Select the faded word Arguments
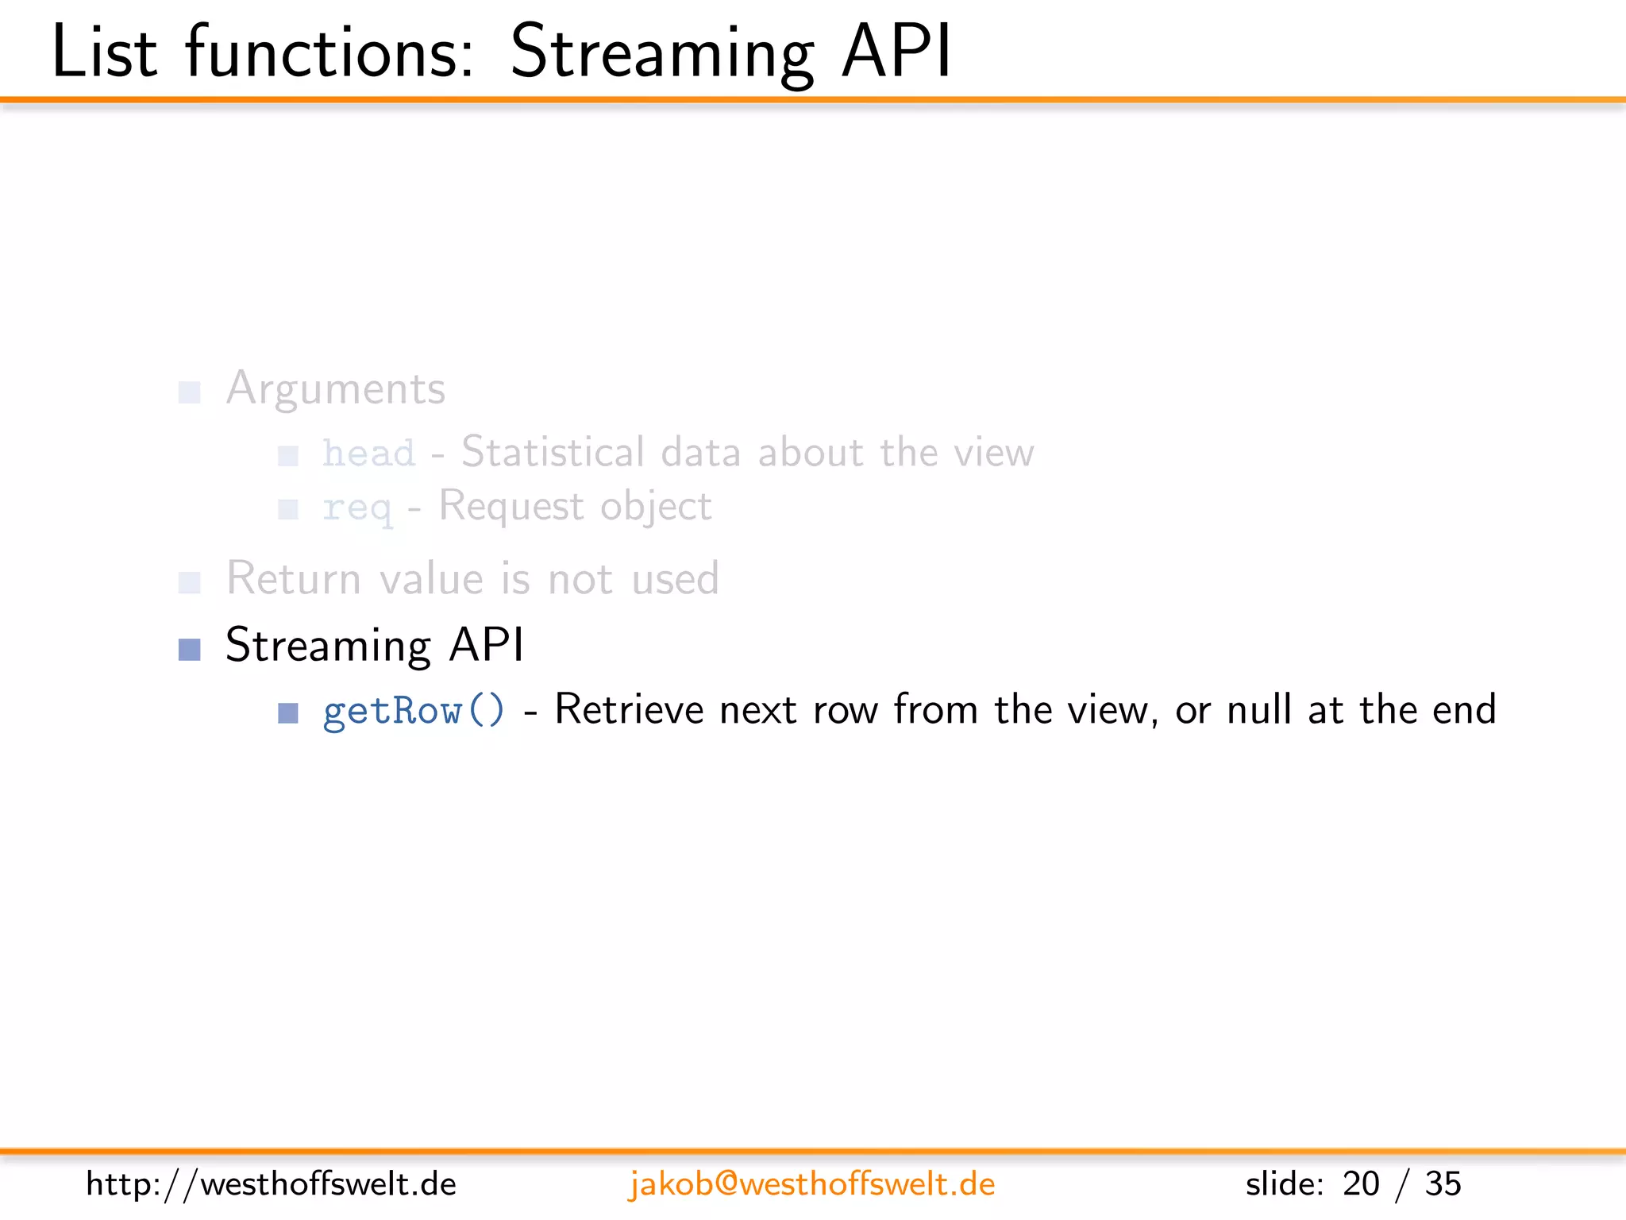[x=336, y=390]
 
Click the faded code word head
[x=368, y=454]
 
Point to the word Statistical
[x=553, y=453]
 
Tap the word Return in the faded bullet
[x=294, y=578]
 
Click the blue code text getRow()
[x=414, y=710]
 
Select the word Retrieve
[x=629, y=709]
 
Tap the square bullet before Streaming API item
[x=190, y=650]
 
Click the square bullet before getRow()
[x=288, y=713]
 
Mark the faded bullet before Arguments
[x=190, y=392]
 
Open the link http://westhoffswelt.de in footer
[x=271, y=1184]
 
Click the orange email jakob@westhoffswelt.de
[x=811, y=1184]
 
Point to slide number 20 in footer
[x=1361, y=1184]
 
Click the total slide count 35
[x=1443, y=1184]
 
